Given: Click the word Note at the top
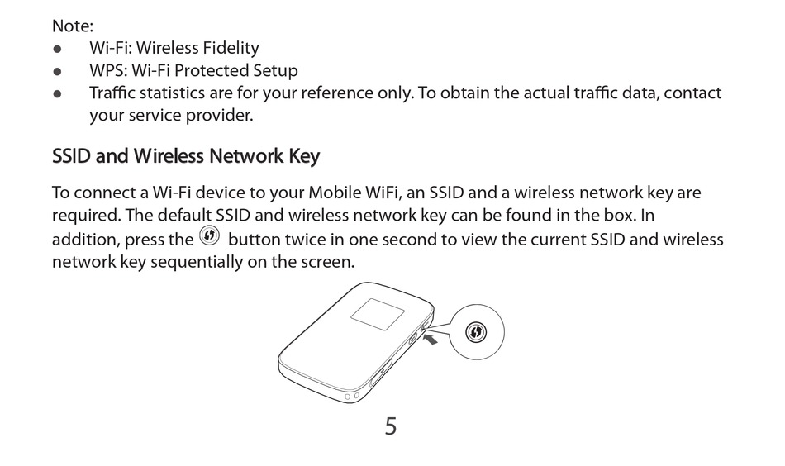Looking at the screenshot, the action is point(72,26).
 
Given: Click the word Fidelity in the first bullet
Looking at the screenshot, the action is point(226,48).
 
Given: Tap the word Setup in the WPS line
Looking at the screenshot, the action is point(275,70).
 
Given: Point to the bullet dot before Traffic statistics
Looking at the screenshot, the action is point(57,93).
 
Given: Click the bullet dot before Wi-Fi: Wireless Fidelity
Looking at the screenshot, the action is point(57,49).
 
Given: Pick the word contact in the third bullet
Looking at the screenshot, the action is point(692,93).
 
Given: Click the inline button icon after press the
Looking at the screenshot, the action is point(210,238).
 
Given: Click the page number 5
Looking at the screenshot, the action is point(391,426).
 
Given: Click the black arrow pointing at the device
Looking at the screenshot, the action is point(429,338).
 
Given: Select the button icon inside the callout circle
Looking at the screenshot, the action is point(476,332).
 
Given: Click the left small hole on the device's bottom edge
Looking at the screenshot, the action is point(347,396).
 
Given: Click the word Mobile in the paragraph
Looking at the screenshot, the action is point(335,193).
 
